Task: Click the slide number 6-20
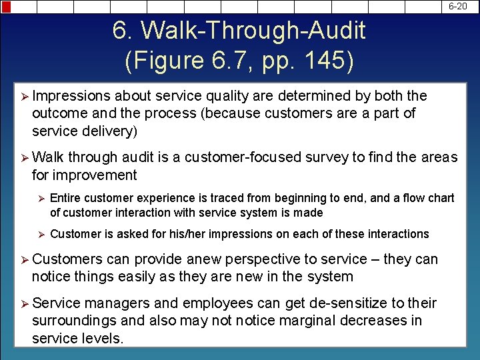(x=457, y=7)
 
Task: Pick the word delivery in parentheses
(x=110, y=131)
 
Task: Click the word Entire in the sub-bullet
(x=67, y=198)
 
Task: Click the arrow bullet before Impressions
(x=22, y=97)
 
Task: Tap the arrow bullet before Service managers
(x=22, y=304)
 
